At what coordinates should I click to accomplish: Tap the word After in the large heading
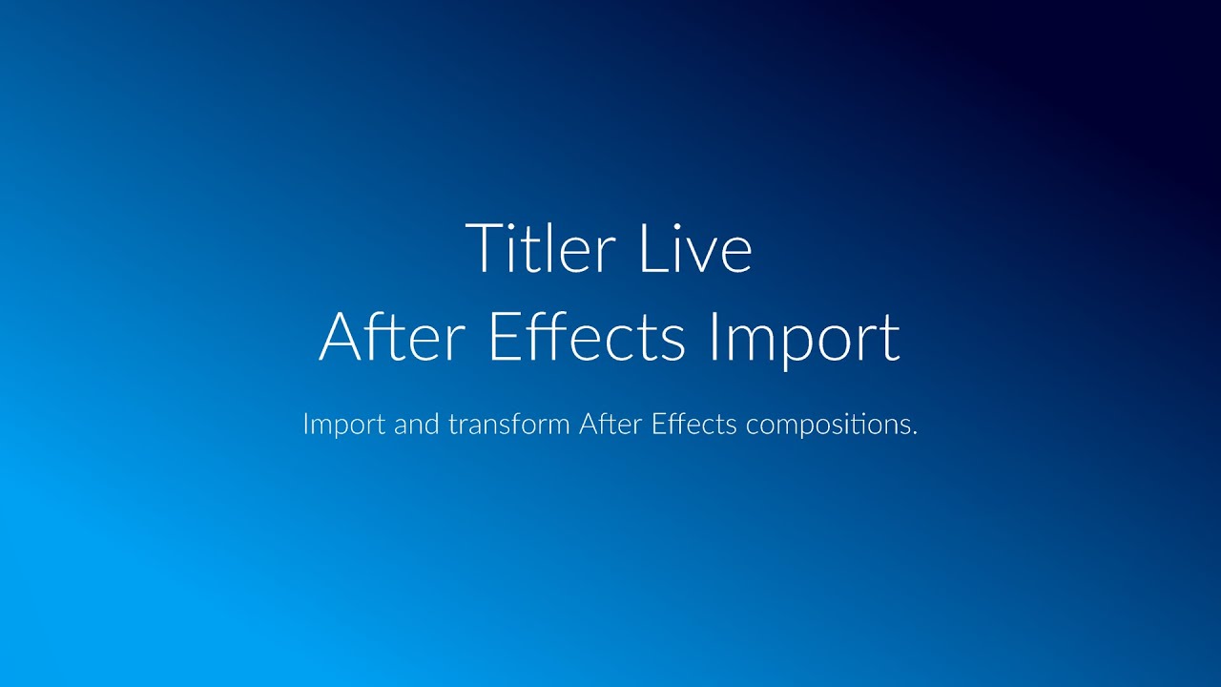click(397, 336)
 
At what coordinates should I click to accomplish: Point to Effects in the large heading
click(586, 336)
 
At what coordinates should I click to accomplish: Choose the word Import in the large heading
click(804, 338)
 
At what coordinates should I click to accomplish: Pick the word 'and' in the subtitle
click(416, 424)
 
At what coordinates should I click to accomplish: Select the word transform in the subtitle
click(508, 424)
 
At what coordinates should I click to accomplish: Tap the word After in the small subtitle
click(610, 424)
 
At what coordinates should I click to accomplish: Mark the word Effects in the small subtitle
click(694, 424)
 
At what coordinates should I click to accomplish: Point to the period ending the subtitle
click(914, 432)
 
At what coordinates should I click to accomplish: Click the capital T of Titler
click(482, 248)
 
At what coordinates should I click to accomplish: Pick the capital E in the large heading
click(503, 336)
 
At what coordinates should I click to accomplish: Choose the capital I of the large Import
click(714, 336)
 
